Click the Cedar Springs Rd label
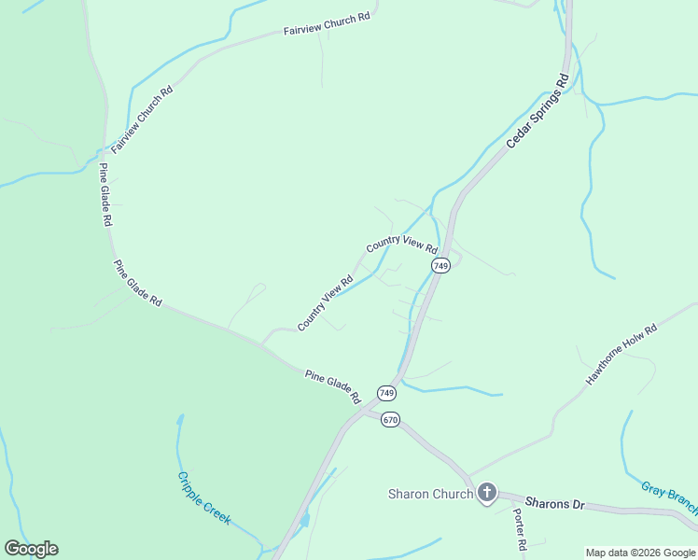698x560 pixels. (x=537, y=112)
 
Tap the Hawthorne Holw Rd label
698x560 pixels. (x=621, y=356)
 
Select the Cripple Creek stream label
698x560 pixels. (x=203, y=497)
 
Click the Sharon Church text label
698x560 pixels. (x=430, y=494)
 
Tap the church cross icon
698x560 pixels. (x=486, y=493)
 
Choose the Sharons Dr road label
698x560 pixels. (x=554, y=504)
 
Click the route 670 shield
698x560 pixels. (x=390, y=420)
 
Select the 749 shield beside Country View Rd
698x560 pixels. (x=441, y=266)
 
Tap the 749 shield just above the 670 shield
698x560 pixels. (x=386, y=392)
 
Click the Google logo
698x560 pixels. (x=31, y=549)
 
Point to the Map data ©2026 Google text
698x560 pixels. (x=640, y=553)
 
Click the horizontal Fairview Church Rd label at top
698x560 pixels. (x=327, y=24)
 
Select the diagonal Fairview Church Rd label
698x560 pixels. (x=143, y=120)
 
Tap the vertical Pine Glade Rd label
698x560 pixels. (x=105, y=196)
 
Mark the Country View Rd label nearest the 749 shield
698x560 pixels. (x=402, y=245)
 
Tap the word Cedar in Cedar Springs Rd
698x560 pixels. (x=517, y=136)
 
